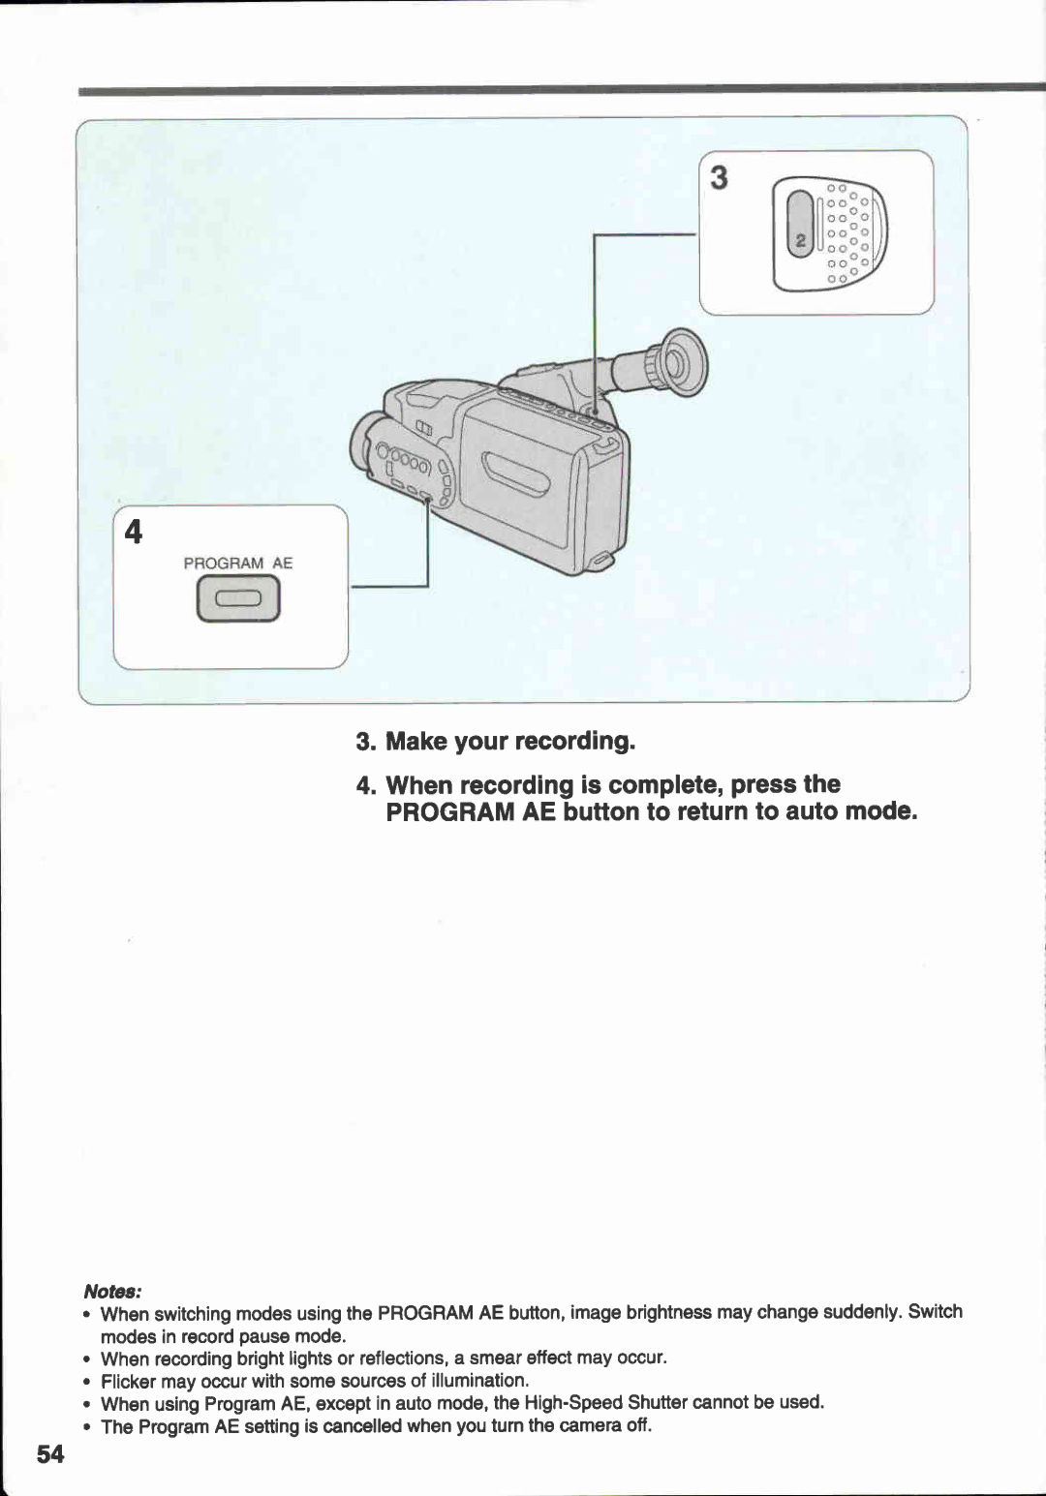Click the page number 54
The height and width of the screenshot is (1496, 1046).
pyautogui.click(x=50, y=1453)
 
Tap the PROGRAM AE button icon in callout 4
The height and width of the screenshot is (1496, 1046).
pyautogui.click(x=238, y=599)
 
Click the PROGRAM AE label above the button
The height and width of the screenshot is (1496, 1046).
pyautogui.click(x=238, y=563)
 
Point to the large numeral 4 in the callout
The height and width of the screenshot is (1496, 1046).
pyautogui.click(x=134, y=533)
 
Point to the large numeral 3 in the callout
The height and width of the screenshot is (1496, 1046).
pyautogui.click(x=719, y=178)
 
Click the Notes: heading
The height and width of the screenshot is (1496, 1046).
pyautogui.click(x=113, y=1292)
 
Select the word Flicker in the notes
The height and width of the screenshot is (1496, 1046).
pyautogui.click(x=128, y=1381)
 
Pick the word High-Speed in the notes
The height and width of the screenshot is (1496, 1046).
pyautogui.click(x=572, y=1403)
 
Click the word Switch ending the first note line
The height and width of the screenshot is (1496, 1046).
pyautogui.click(x=935, y=1312)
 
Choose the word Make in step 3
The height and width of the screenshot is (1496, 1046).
pyautogui.click(x=416, y=742)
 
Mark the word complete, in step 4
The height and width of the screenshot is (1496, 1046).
pyautogui.click(x=665, y=784)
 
